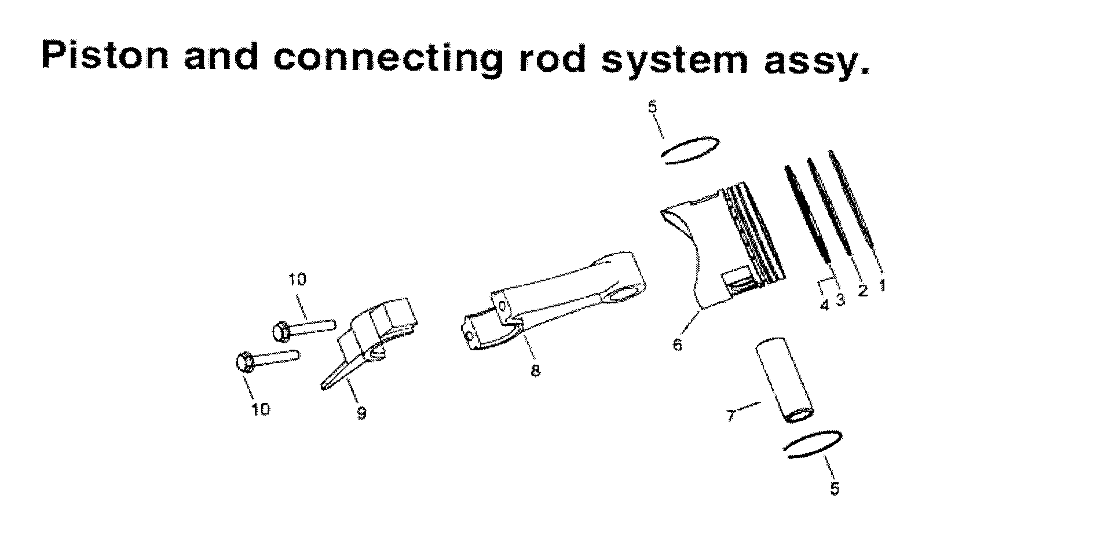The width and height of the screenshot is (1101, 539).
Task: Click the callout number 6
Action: coord(677,344)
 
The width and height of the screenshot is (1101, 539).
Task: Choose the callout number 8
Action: coord(535,371)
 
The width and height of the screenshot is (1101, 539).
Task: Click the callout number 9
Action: coord(361,413)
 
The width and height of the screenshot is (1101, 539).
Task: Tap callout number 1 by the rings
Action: coord(882,285)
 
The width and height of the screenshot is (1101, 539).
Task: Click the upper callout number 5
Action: coord(653,108)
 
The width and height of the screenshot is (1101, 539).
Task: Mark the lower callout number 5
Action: coord(834,489)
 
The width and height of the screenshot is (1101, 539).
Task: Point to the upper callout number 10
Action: coord(297,280)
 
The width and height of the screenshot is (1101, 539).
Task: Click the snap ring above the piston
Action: coord(690,151)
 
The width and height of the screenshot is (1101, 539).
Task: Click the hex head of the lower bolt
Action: coord(244,362)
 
